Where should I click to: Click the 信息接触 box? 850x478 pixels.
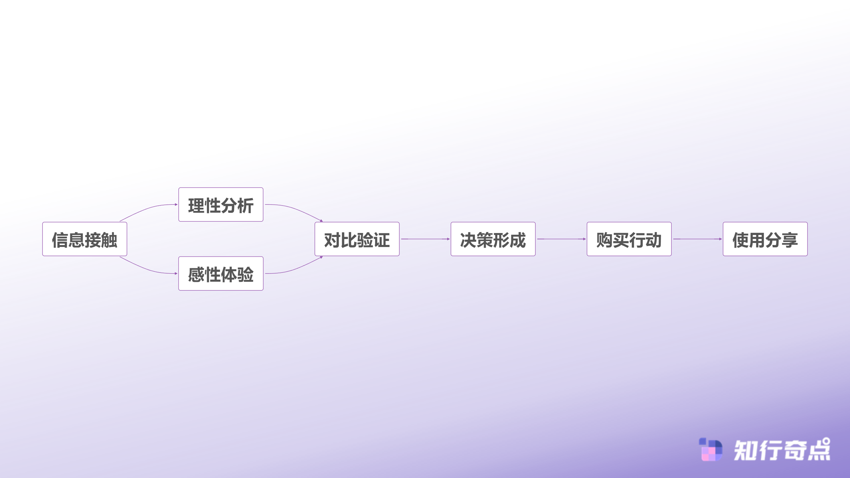pos(85,239)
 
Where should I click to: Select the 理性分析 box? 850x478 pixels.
pos(221,204)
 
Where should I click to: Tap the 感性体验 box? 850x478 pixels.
pos(221,274)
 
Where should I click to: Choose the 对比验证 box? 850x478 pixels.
pos(357,239)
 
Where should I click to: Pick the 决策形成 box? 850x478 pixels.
pos(493,239)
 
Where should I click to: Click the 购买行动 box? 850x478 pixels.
pos(629,239)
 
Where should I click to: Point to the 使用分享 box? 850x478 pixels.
pos(765,239)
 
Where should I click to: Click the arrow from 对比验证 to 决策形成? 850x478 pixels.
pos(425,239)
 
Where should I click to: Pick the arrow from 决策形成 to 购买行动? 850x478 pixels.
pos(561,239)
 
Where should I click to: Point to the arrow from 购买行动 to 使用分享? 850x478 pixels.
pos(698,239)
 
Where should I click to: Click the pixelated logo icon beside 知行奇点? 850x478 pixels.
pos(710,449)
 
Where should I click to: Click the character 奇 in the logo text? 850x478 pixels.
pos(795,450)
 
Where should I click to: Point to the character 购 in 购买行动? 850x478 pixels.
pos(604,240)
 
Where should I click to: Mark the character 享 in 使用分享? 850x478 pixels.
pos(790,240)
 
